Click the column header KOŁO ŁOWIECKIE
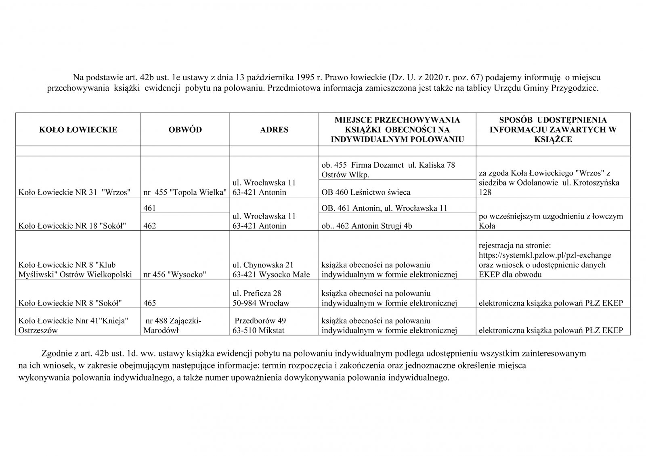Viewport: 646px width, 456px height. coord(78,130)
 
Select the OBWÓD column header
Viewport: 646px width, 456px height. coord(185,130)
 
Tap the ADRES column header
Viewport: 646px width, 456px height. coord(274,130)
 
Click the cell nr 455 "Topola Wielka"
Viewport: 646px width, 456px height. coord(185,192)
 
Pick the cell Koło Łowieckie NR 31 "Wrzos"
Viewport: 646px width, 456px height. coord(74,192)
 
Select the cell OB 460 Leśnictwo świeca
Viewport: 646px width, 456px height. coord(366,192)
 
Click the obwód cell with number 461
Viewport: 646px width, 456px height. coord(150,208)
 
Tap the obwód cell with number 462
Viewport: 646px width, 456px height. coord(150,226)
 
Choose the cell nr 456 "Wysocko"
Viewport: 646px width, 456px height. coord(175,275)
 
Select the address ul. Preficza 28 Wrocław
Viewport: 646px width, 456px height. coord(261,298)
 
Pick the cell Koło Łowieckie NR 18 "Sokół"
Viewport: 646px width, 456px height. coord(71,226)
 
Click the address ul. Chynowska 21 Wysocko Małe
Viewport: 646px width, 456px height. coord(271,270)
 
